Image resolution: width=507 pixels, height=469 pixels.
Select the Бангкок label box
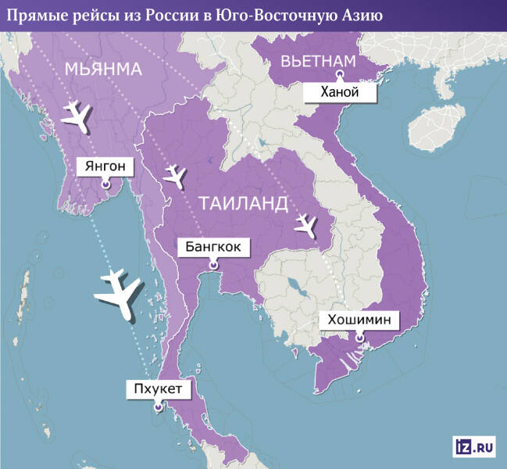pyautogui.click(x=213, y=248)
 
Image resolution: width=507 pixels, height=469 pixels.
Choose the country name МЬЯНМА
pyautogui.click(x=104, y=70)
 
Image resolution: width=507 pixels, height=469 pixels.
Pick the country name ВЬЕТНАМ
pyautogui.click(x=319, y=60)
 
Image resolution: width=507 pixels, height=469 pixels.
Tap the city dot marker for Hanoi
pyautogui.click(x=340, y=75)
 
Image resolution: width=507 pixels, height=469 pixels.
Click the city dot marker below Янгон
pyautogui.click(x=105, y=184)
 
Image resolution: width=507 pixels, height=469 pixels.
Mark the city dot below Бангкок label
pyautogui.click(x=213, y=265)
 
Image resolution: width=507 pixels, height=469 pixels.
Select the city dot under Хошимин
pyautogui.click(x=359, y=338)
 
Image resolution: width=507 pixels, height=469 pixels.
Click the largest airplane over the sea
pyautogui.click(x=117, y=292)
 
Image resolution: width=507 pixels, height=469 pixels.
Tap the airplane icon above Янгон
pyautogui.click(x=73, y=114)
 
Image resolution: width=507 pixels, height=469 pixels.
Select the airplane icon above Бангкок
pyautogui.click(x=173, y=176)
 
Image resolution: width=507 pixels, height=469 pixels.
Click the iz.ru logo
pyautogui.click(x=473, y=446)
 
